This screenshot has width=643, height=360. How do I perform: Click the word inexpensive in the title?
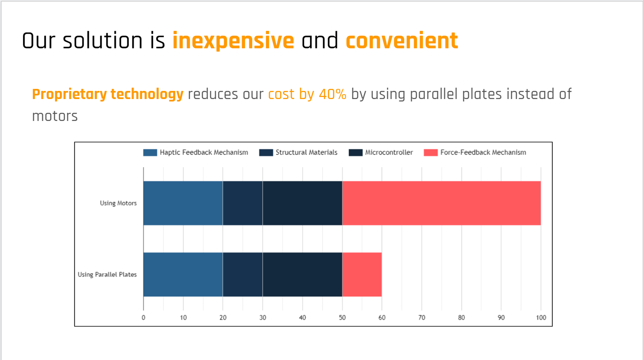click(233, 41)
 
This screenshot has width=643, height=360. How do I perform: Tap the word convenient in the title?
click(401, 41)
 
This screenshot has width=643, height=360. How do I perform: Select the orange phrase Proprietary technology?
click(108, 94)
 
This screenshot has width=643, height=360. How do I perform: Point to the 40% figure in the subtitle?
click(332, 94)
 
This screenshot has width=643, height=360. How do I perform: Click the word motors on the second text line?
click(55, 116)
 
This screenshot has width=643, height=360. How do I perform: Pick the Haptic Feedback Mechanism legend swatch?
click(150, 153)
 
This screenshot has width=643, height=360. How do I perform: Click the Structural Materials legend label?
click(306, 153)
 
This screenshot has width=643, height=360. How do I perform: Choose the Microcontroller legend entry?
click(388, 153)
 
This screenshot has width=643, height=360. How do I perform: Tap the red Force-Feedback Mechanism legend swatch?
click(430, 153)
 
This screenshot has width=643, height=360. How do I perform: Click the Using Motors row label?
click(118, 203)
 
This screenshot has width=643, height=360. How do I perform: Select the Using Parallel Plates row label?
click(107, 274)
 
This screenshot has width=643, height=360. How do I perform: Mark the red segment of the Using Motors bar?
click(441, 203)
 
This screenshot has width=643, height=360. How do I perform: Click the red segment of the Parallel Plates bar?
click(362, 274)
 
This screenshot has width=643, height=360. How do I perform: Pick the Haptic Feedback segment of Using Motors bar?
click(183, 203)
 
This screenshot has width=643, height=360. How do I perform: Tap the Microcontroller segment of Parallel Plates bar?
click(302, 274)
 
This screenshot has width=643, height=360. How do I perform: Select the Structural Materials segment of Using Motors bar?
click(242, 203)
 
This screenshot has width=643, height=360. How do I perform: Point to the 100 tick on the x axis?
click(541, 317)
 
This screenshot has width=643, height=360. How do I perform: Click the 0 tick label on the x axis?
click(143, 317)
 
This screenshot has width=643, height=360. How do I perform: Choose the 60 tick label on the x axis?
click(382, 317)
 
